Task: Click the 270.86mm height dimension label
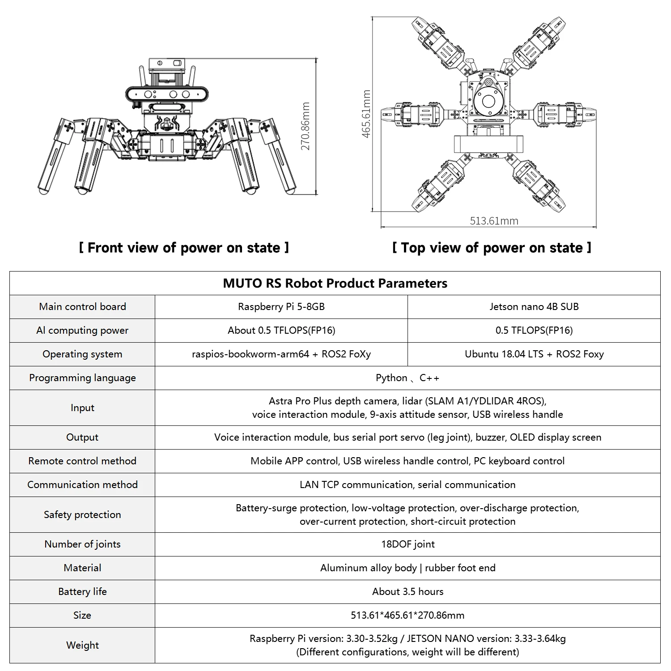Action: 306,127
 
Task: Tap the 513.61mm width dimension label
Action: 494,221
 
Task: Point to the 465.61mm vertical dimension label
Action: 366,114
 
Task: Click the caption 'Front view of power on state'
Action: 184,248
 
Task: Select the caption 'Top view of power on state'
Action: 492,248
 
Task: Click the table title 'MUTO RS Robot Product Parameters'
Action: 335,283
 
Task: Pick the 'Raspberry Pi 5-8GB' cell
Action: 281,307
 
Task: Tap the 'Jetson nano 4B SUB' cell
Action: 534,307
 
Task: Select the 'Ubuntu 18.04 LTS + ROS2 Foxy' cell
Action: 534,354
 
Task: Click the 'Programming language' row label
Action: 82,378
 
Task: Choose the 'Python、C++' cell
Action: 408,378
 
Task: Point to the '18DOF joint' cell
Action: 408,544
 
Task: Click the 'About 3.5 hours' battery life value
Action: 408,592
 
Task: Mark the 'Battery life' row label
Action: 82,592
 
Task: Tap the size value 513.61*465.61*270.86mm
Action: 408,616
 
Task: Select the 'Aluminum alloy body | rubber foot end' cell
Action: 408,568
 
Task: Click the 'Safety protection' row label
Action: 82,515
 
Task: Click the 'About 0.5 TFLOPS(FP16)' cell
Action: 281,331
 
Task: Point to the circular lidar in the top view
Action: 488,102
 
